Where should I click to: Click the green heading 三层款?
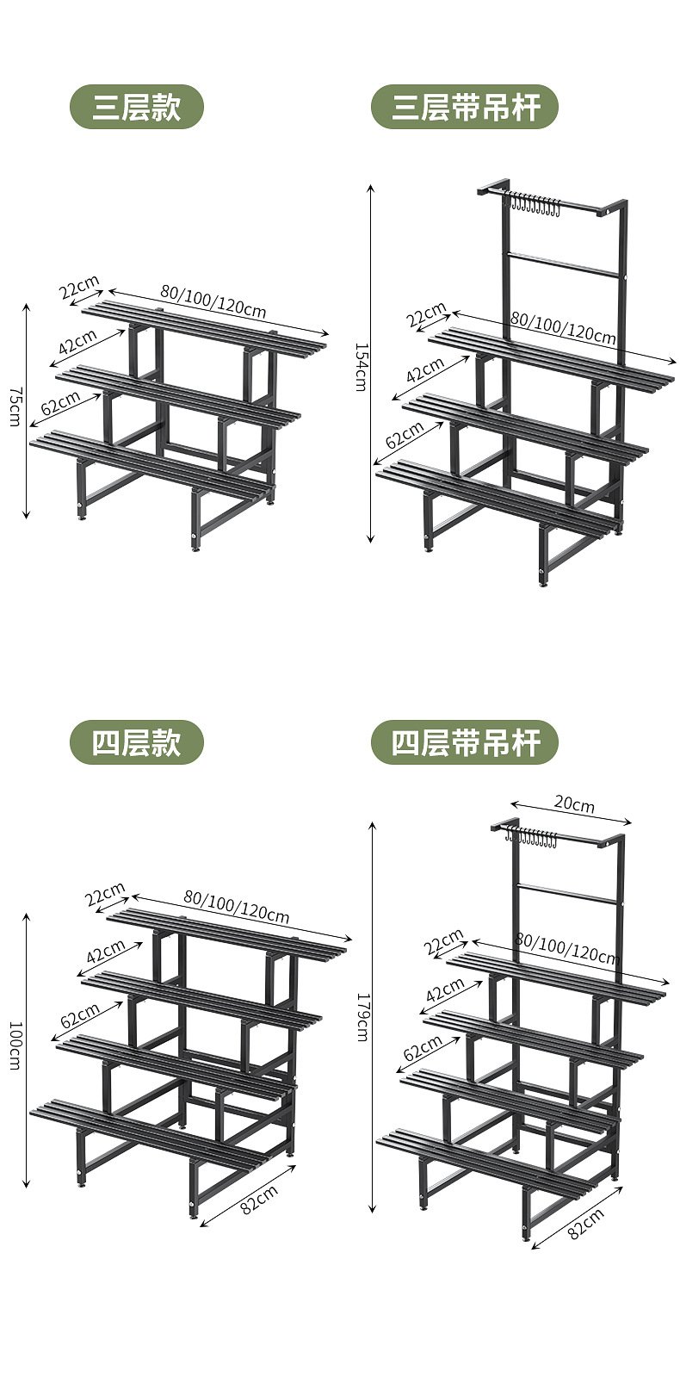click(136, 108)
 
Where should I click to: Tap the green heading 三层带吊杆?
click(465, 108)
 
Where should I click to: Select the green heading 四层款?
click(136, 742)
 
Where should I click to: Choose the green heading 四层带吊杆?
click(465, 742)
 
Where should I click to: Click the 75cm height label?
click(15, 405)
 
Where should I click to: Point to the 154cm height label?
click(361, 366)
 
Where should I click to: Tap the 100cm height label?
click(15, 1045)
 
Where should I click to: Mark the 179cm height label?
click(361, 1017)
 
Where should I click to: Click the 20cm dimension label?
click(574, 804)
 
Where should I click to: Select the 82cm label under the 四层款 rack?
click(258, 1199)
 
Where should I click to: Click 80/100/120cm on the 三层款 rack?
click(213, 301)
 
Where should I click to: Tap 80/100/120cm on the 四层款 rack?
click(236, 905)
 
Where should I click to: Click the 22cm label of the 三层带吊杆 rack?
click(427, 314)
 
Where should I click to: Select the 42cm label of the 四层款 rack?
click(106, 952)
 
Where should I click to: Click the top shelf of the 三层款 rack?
click(205, 326)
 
